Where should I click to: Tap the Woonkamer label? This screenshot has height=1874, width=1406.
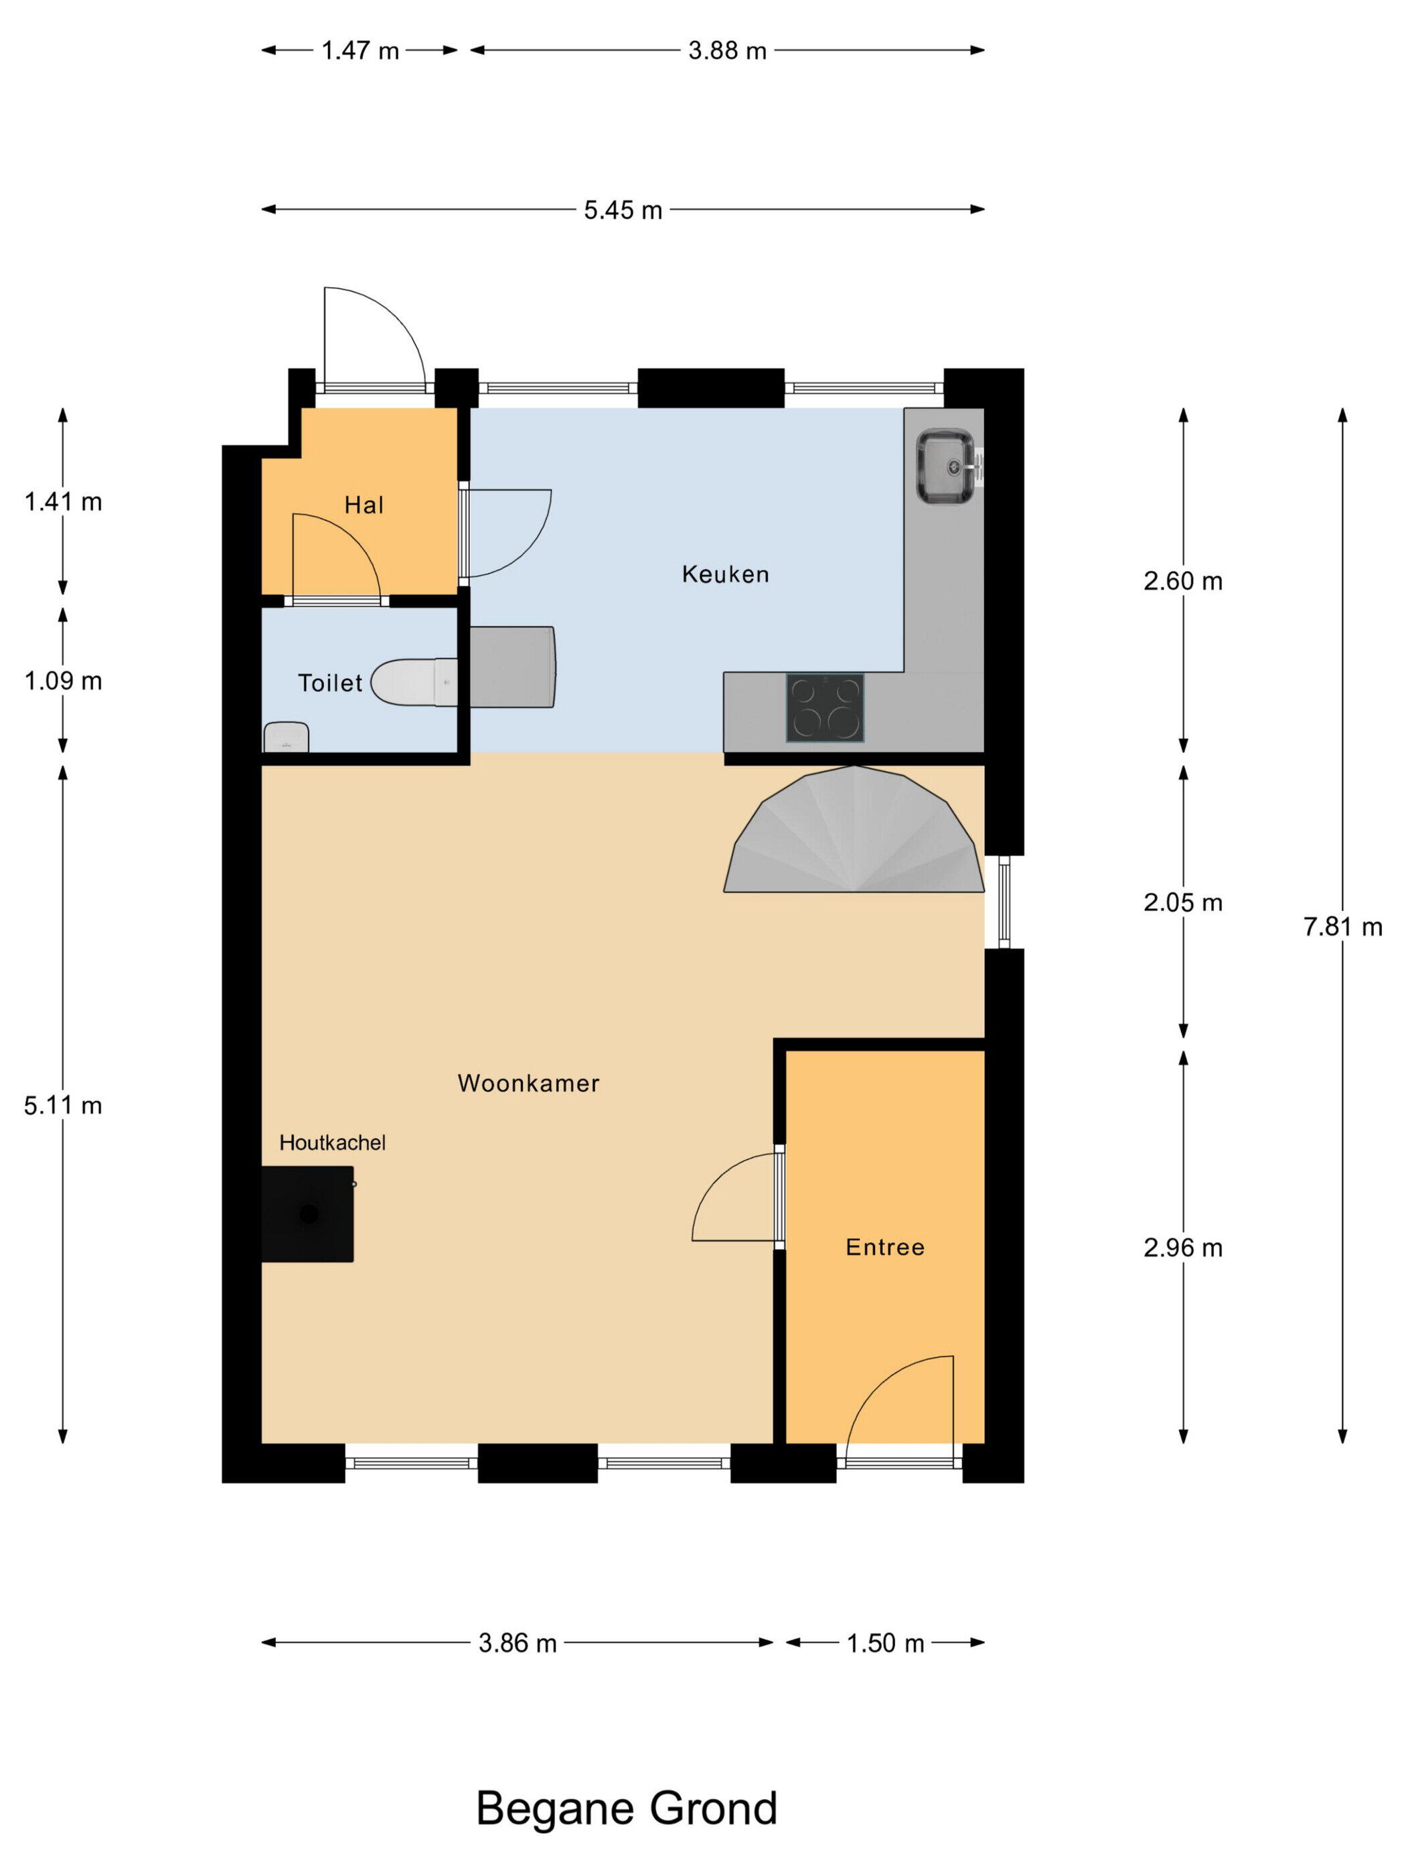[528, 1083]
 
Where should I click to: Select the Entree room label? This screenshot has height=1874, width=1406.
[885, 1247]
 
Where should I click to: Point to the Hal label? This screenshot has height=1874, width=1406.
[364, 505]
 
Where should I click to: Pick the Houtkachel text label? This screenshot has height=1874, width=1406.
[332, 1143]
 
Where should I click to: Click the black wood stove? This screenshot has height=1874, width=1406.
[307, 1214]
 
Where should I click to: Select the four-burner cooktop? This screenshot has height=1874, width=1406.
[825, 707]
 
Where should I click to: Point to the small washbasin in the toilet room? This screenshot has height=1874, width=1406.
[286, 736]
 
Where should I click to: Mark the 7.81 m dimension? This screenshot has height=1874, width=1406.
[1342, 927]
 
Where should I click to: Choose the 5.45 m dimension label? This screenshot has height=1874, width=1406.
[623, 210]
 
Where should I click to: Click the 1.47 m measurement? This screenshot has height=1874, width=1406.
[360, 51]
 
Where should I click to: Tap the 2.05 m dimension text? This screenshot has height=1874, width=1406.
[1183, 902]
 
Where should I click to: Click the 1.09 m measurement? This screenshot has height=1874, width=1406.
[63, 681]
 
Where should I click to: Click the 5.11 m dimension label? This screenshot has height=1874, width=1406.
[63, 1106]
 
